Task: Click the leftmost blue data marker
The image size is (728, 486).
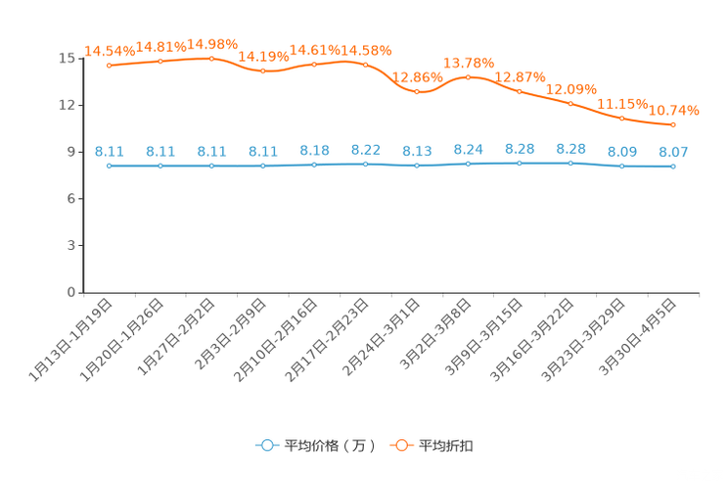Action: pos(110,166)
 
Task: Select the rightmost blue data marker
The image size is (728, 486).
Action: pos(673,167)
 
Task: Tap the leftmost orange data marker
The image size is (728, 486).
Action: pos(110,66)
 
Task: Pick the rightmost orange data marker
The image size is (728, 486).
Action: pos(673,124)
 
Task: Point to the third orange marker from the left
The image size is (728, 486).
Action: pos(212,59)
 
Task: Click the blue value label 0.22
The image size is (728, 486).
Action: pos(365,150)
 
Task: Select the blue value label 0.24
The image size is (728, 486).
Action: pos(469,149)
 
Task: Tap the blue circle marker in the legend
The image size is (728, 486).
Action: pos(266,445)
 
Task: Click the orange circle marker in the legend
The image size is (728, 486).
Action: pos(401,445)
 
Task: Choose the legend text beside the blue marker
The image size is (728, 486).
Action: pos(329,446)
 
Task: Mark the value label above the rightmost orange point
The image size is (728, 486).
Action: pos(674,110)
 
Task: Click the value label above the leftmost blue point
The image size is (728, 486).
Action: pos(110,151)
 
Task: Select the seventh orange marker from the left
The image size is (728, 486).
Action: pos(417,91)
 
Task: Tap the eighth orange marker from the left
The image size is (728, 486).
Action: pos(469,76)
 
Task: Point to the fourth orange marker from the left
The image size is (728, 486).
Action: pos(262,71)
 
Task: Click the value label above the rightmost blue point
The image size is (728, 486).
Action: pos(673,152)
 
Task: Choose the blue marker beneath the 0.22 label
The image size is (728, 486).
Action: pos(365,164)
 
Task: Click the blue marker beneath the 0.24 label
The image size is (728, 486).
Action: pos(469,164)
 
